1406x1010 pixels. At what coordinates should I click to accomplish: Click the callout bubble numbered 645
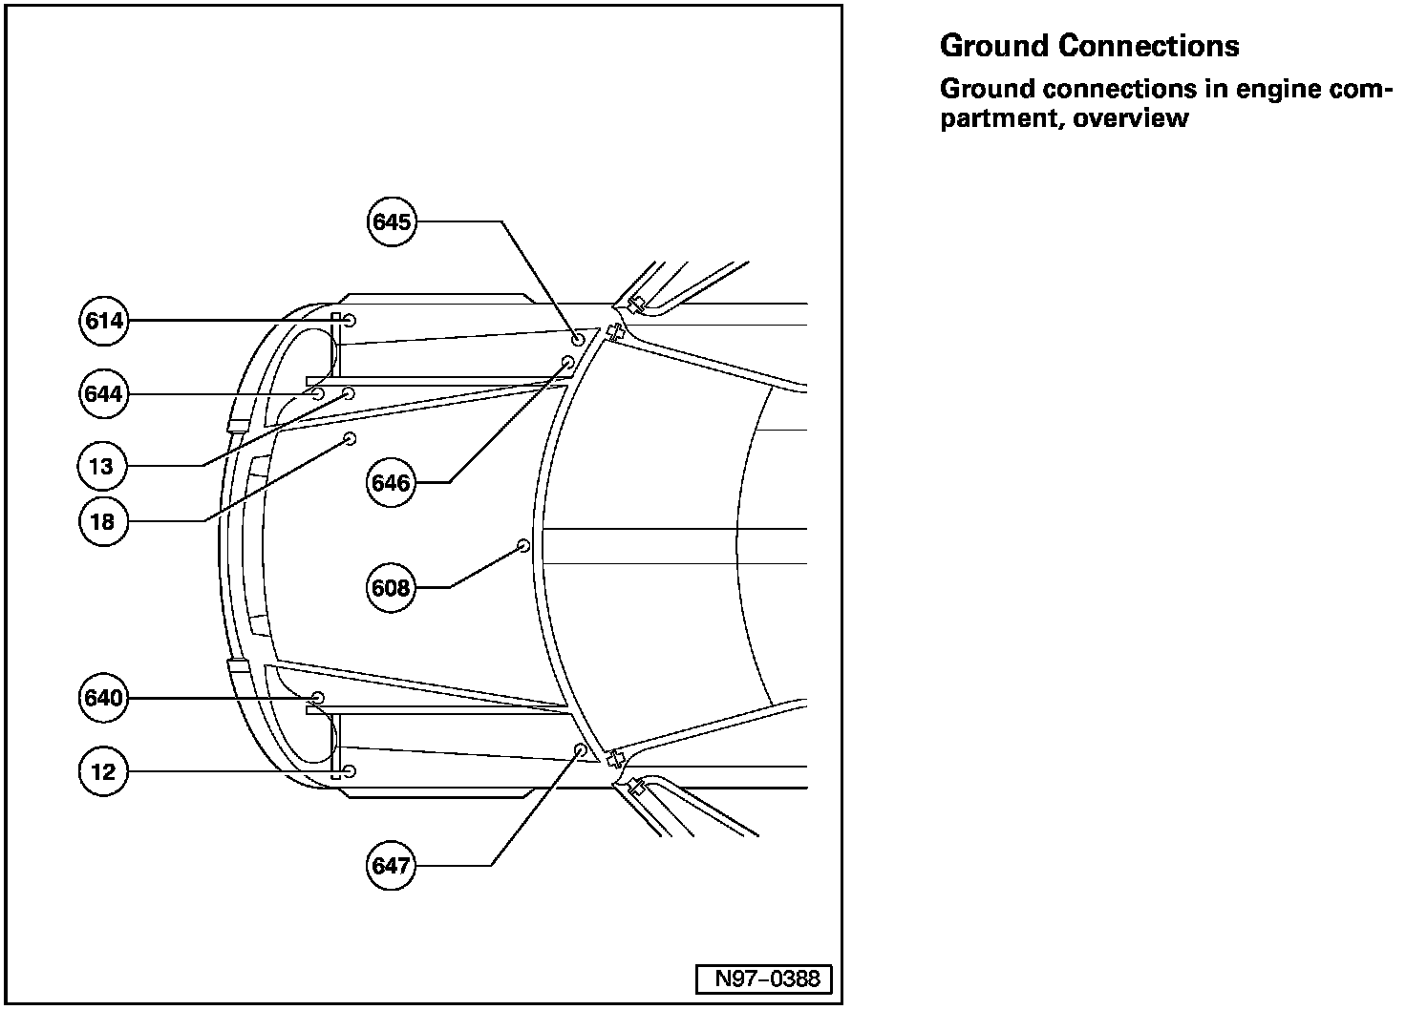(392, 222)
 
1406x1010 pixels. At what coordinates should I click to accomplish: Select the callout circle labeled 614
(103, 321)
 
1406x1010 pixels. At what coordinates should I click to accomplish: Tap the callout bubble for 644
(103, 393)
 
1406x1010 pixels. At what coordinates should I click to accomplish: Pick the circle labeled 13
(103, 466)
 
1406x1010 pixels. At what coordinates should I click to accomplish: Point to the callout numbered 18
(103, 521)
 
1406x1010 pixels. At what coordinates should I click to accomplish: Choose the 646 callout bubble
(392, 483)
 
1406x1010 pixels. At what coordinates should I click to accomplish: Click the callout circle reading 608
(392, 588)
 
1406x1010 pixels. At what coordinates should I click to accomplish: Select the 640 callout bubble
(103, 698)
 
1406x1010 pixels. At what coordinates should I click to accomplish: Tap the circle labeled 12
(103, 771)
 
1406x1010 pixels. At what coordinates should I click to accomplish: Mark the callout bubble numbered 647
(392, 866)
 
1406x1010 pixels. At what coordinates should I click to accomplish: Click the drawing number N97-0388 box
(762, 978)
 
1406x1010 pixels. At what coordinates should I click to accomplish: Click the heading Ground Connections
(1089, 46)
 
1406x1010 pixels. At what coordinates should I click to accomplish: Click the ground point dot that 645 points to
(578, 339)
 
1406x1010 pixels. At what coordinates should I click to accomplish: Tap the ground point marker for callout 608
(523, 545)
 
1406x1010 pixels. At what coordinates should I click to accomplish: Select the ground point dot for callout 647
(580, 749)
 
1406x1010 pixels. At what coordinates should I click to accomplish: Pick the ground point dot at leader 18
(350, 438)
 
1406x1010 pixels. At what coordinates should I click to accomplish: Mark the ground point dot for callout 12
(350, 770)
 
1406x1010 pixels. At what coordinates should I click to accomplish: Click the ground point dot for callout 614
(350, 320)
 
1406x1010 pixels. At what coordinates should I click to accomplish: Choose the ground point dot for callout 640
(318, 698)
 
